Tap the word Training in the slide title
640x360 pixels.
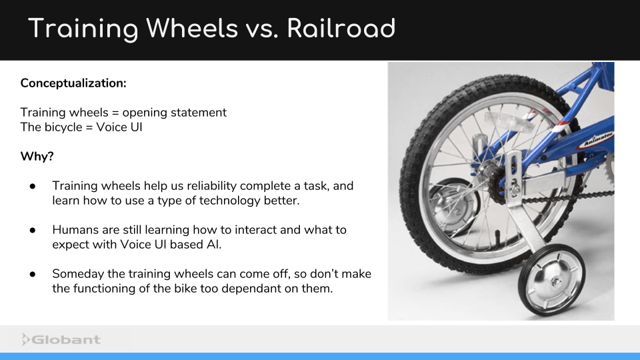[83, 29]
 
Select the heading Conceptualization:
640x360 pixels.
[73, 83]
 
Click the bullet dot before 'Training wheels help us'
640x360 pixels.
[32, 186]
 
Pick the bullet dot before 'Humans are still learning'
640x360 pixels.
[32, 230]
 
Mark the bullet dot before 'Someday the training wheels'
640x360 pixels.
[32, 274]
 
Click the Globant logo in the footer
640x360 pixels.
[61, 339]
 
